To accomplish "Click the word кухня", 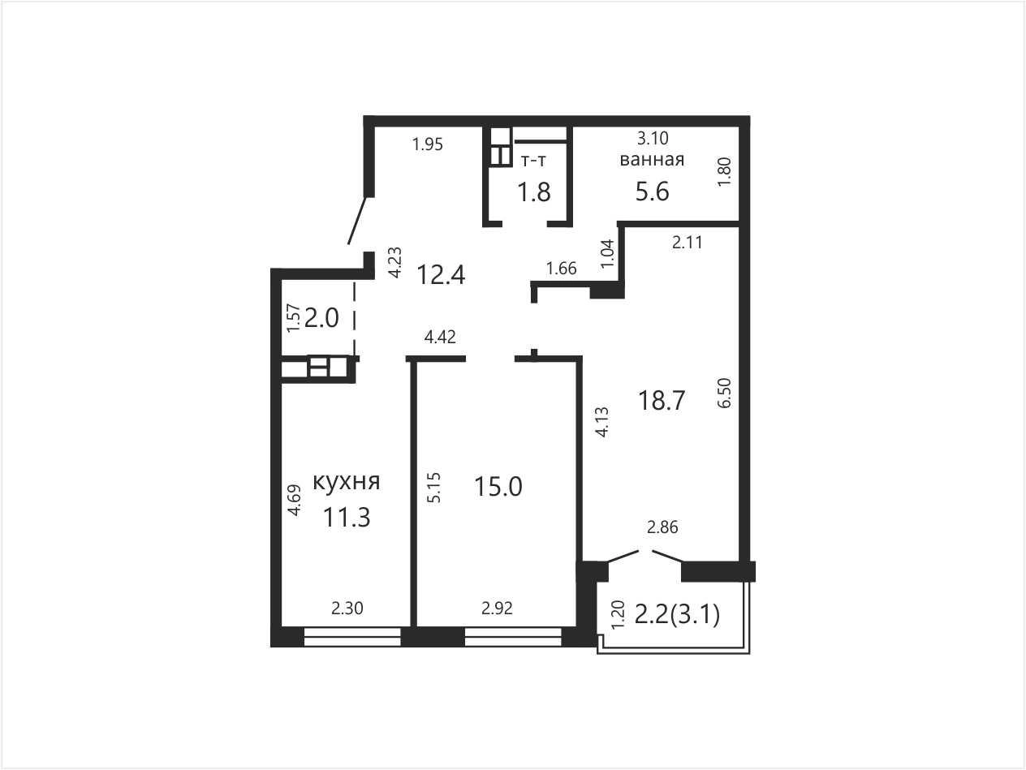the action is click(x=347, y=482).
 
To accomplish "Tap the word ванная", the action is click(x=652, y=160).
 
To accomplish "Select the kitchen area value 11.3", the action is click(x=347, y=518).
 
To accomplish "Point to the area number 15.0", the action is click(x=498, y=486).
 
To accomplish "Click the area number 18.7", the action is click(x=662, y=401).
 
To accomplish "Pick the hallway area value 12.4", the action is click(x=441, y=275).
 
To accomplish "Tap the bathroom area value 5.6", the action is click(x=652, y=191).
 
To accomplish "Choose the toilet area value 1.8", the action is click(x=534, y=192).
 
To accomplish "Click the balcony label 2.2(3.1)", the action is click(x=677, y=615).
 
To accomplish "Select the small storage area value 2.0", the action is click(x=321, y=319).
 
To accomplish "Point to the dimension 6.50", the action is click(x=724, y=393).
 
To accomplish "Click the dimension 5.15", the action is click(x=433, y=488).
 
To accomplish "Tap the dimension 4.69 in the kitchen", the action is click(x=294, y=501).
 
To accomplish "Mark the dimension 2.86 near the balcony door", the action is click(x=662, y=527).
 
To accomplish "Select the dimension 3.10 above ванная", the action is click(x=653, y=138).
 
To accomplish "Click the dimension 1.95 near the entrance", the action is click(x=427, y=144).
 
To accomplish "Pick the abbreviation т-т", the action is click(x=533, y=161).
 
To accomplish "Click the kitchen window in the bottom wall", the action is click(x=352, y=637).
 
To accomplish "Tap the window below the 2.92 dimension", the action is click(x=513, y=637).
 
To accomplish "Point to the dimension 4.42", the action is click(x=440, y=337).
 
